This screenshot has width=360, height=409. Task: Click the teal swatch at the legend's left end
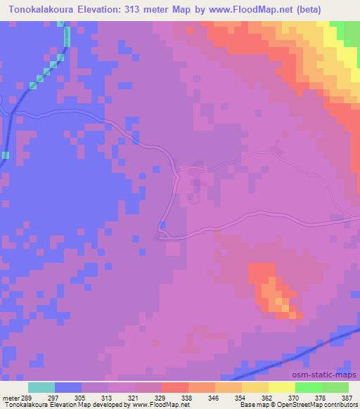41,387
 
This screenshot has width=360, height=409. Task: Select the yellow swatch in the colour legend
281,387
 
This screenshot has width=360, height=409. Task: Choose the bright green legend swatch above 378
308,387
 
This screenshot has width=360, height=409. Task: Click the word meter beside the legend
9,398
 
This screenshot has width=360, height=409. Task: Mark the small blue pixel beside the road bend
163,225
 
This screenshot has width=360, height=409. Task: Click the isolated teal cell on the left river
6,155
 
